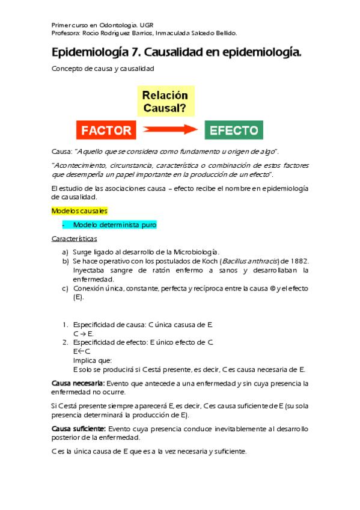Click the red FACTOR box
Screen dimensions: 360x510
pyautogui.click(x=106, y=129)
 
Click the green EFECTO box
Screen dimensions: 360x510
pyautogui.click(x=234, y=129)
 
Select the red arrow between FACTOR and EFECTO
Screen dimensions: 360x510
pyautogui.click(x=170, y=129)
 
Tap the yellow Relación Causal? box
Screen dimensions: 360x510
pyautogui.click(x=165, y=102)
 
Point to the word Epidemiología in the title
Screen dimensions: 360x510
pyautogui.click(x=90, y=54)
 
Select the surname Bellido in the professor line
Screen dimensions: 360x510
pyautogui.click(x=224, y=34)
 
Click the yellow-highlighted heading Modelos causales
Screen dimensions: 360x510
pyautogui.click(x=79, y=211)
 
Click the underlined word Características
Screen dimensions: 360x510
pyautogui.click(x=75, y=239)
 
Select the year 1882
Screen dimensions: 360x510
pyautogui.click(x=299, y=261)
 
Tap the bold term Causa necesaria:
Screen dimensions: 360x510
pyautogui.click(x=79, y=383)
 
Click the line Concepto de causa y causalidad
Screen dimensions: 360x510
pyautogui.click(x=103, y=69)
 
